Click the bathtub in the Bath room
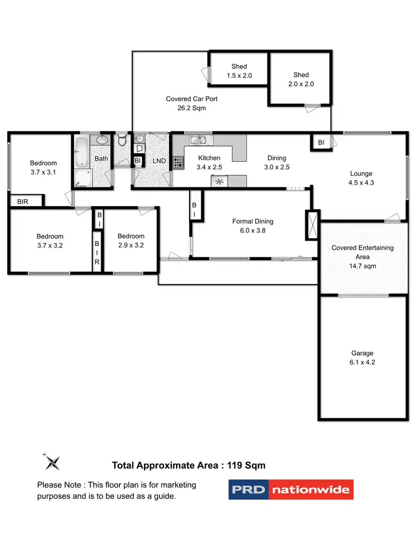pos(82,152)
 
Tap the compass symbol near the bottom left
pos(52,461)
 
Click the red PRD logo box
pos(249,490)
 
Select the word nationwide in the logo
pos(311,490)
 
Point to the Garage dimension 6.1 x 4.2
pos(362,362)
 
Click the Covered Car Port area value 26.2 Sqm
pos(191,108)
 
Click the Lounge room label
pos(361,173)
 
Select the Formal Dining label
pos(252,221)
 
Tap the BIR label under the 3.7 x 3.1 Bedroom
pos(22,202)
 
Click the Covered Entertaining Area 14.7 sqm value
pos(362,266)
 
